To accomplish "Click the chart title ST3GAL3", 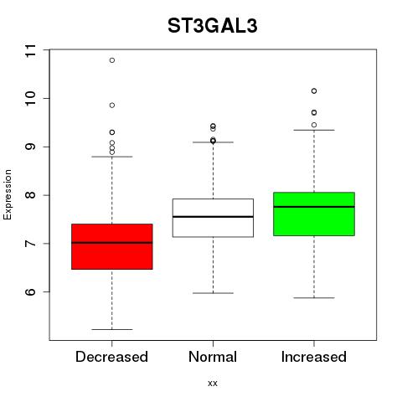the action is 213,26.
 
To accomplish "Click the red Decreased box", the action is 112,246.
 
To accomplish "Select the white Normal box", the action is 213,218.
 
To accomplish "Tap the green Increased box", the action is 314,214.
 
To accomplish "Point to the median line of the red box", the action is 112,243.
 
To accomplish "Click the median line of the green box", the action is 314,207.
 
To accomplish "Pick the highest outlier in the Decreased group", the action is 112,60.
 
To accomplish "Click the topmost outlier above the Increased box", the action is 314,90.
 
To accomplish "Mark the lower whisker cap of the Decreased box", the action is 112,329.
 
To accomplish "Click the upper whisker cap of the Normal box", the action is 213,142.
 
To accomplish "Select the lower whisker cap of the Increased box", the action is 314,298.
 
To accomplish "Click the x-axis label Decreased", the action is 111,357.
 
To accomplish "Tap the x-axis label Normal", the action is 213,357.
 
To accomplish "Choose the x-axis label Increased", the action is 314,357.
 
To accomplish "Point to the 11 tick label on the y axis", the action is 31,50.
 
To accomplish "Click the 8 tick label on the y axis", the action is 31,195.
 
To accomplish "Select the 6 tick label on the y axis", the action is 31,292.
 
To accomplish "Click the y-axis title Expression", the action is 8,194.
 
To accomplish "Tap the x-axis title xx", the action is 213,384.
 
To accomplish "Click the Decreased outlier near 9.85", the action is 112,106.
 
